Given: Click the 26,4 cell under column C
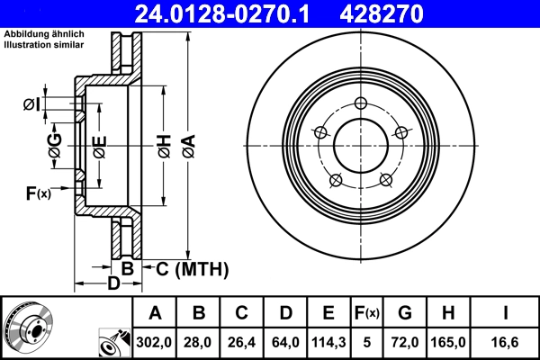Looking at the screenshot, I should (242, 341).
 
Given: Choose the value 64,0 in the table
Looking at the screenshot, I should (285, 341).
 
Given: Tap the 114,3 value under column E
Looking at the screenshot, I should (328, 341).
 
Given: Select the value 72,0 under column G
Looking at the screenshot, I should (405, 341).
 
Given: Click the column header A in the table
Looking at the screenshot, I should (156, 313).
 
